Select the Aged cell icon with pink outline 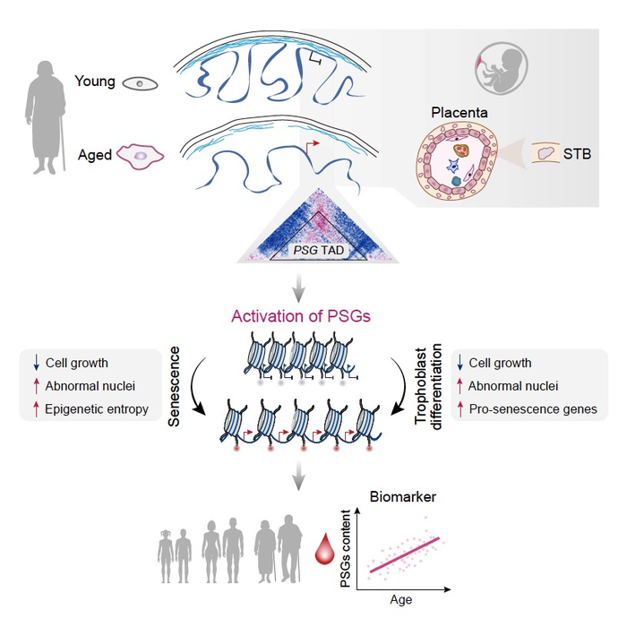(x=141, y=155)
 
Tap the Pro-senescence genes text (x=533, y=409)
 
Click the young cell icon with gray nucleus (x=138, y=83)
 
